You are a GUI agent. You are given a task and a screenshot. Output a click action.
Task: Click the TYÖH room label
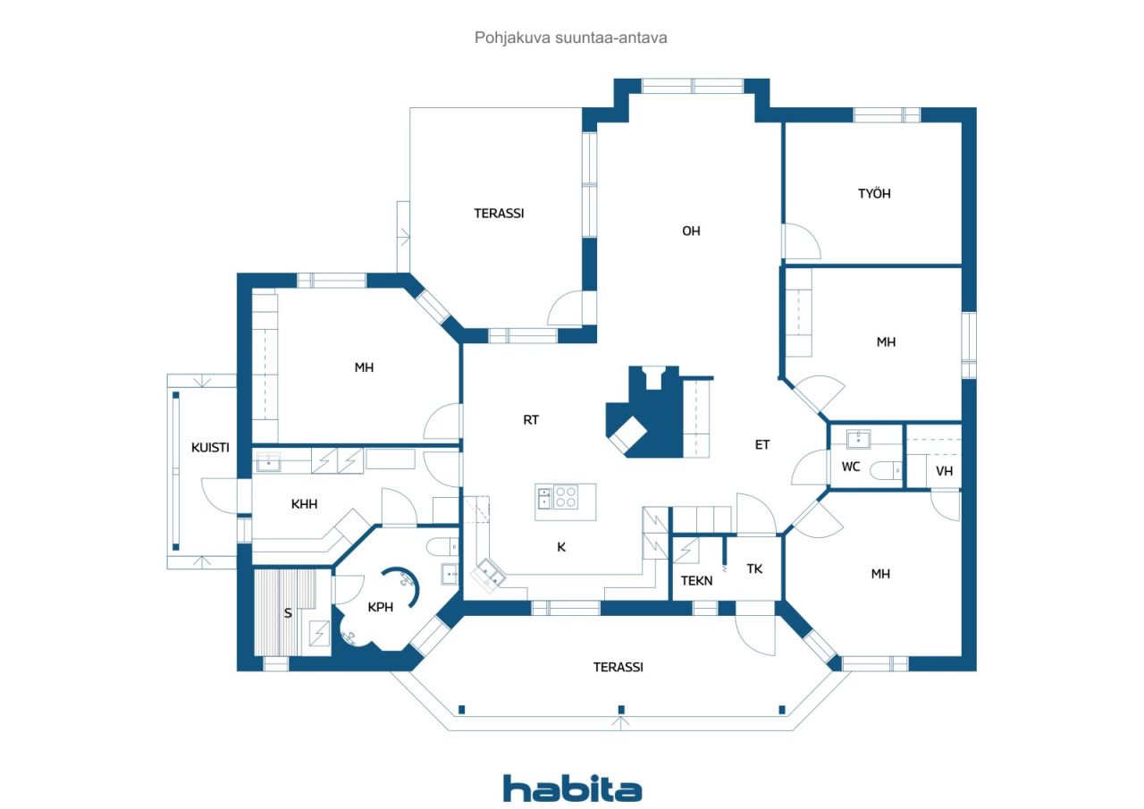(x=874, y=194)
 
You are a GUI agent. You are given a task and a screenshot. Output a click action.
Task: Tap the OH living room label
(x=691, y=231)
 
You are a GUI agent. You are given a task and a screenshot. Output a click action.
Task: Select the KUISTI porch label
(x=210, y=447)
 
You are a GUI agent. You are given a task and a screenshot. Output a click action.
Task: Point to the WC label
(x=850, y=467)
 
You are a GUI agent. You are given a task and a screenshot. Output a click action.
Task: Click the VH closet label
(x=944, y=471)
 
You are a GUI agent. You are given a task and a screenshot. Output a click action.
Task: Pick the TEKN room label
(x=696, y=581)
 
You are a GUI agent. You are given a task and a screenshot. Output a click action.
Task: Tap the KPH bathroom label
(x=381, y=607)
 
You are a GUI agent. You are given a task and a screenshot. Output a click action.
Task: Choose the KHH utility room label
(x=305, y=504)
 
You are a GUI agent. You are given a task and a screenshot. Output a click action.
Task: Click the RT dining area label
(x=531, y=420)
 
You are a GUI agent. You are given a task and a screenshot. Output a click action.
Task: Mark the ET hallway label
(x=762, y=445)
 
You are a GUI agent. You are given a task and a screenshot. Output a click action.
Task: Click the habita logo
(x=572, y=788)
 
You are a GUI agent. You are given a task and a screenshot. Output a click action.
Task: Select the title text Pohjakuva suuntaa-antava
(x=570, y=38)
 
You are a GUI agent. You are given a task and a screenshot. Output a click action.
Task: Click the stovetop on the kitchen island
(x=566, y=497)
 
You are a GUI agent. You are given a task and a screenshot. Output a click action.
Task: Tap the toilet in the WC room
(x=886, y=470)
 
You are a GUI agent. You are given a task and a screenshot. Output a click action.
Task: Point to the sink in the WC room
(x=859, y=439)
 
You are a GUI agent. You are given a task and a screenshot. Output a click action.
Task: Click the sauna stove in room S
(x=319, y=633)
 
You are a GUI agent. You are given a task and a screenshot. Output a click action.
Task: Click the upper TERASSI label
(x=499, y=213)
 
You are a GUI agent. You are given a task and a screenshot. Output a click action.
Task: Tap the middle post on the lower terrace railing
(x=621, y=710)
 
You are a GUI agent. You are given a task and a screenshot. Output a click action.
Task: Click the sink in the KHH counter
(x=268, y=462)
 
